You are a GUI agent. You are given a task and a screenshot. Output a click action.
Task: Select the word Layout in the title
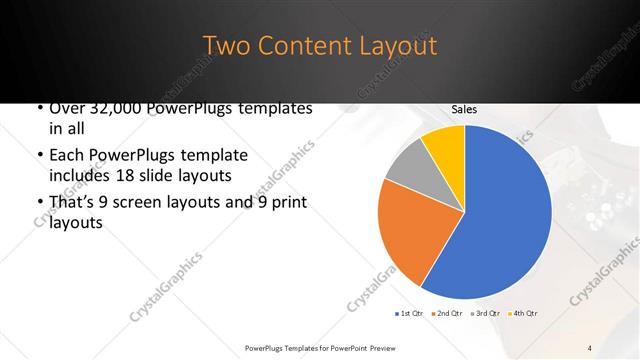[398, 46]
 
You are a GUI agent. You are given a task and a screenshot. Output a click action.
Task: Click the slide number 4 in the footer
[590, 347]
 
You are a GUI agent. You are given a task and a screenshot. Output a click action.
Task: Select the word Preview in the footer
[376, 347]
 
